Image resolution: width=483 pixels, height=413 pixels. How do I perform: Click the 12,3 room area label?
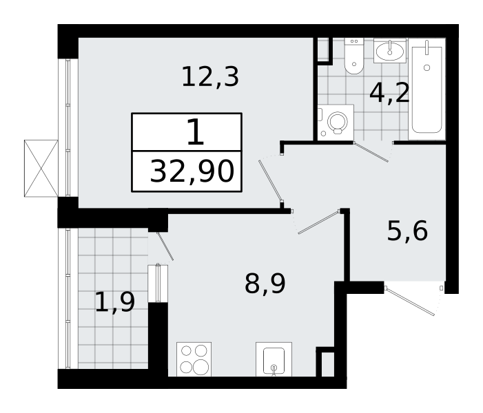210,77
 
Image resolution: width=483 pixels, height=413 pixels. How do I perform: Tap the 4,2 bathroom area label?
389,93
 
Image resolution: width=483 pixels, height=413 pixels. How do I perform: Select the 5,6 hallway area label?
407,231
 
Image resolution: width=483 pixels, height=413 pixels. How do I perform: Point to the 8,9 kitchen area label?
265,284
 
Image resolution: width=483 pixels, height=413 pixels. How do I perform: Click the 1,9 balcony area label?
115,302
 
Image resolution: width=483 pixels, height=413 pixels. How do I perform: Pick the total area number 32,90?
192,171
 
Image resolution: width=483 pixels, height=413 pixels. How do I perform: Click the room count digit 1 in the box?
195,132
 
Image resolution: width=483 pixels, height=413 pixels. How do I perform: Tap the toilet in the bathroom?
354,56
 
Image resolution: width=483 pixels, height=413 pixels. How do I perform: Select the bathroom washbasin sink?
390,50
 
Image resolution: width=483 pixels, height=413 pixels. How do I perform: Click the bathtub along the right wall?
427,89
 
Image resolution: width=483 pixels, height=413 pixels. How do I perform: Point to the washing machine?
336,123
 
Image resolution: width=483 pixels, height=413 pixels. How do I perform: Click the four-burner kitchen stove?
194,359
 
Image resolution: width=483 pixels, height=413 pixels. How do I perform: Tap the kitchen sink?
274,359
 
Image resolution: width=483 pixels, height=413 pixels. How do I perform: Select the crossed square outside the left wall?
41,169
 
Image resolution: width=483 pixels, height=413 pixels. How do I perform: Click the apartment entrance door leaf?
410,301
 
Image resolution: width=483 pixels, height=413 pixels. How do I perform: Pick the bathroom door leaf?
371,151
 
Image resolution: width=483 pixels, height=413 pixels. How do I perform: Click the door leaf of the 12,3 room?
271,181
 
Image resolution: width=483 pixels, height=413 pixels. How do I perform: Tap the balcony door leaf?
165,246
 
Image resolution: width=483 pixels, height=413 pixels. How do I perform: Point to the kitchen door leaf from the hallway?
319,222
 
